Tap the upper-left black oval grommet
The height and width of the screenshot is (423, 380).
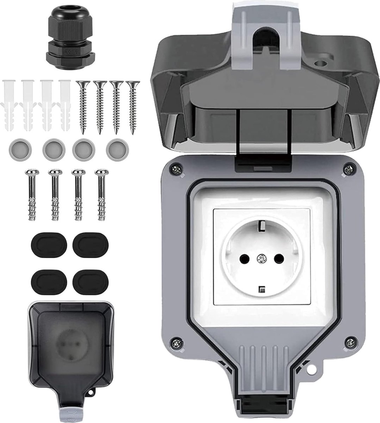pyautogui.click(x=41, y=243)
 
